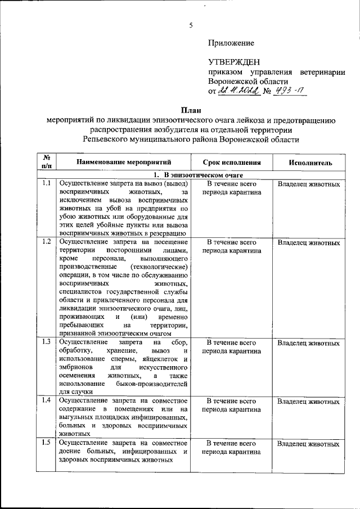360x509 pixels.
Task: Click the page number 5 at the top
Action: coord(191,25)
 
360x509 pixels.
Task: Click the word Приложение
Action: coord(231,43)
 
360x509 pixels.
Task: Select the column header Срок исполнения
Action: coord(232,163)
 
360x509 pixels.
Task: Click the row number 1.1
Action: coord(47,183)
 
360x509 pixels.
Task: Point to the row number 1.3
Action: coord(47,341)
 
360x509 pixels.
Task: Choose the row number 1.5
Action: coord(47,443)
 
